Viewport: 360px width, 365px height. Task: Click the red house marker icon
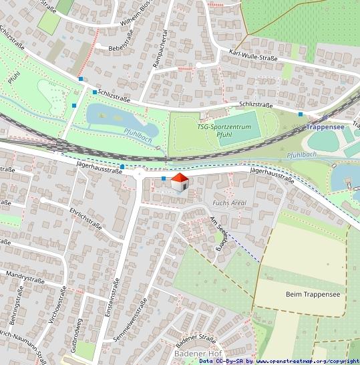[179, 182]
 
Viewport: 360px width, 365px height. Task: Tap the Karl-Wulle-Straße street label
[252, 55]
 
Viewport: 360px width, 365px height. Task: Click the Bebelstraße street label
[114, 49]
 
